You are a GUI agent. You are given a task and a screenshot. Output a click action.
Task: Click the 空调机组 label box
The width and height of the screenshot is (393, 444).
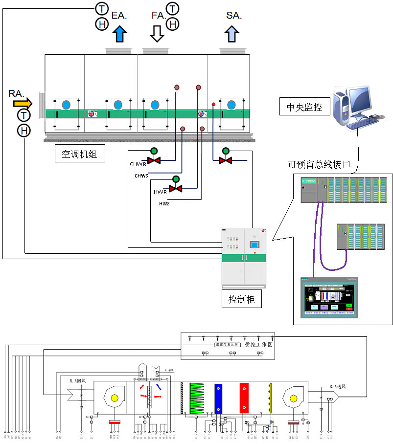[79, 155]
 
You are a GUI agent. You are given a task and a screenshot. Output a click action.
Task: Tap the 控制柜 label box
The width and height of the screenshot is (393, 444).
[241, 298]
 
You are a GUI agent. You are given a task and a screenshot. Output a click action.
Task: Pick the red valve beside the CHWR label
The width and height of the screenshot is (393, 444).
[154, 160]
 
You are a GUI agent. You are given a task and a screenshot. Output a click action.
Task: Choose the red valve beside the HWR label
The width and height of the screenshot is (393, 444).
[175, 189]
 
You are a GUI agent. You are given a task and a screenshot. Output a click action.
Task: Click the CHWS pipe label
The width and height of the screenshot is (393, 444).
[141, 175]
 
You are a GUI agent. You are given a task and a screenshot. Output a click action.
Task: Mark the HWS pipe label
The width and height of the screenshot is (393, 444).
[164, 203]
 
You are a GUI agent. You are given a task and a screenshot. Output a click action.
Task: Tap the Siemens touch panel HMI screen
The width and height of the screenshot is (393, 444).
[329, 297]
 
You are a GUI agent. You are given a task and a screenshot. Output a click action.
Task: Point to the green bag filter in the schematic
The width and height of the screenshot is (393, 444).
[196, 398]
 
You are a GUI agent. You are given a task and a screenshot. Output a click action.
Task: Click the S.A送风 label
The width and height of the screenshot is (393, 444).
[337, 387]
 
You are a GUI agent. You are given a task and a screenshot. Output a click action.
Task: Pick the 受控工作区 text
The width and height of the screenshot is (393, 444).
[258, 344]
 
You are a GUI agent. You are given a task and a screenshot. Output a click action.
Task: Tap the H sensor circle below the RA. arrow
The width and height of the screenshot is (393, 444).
[23, 131]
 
